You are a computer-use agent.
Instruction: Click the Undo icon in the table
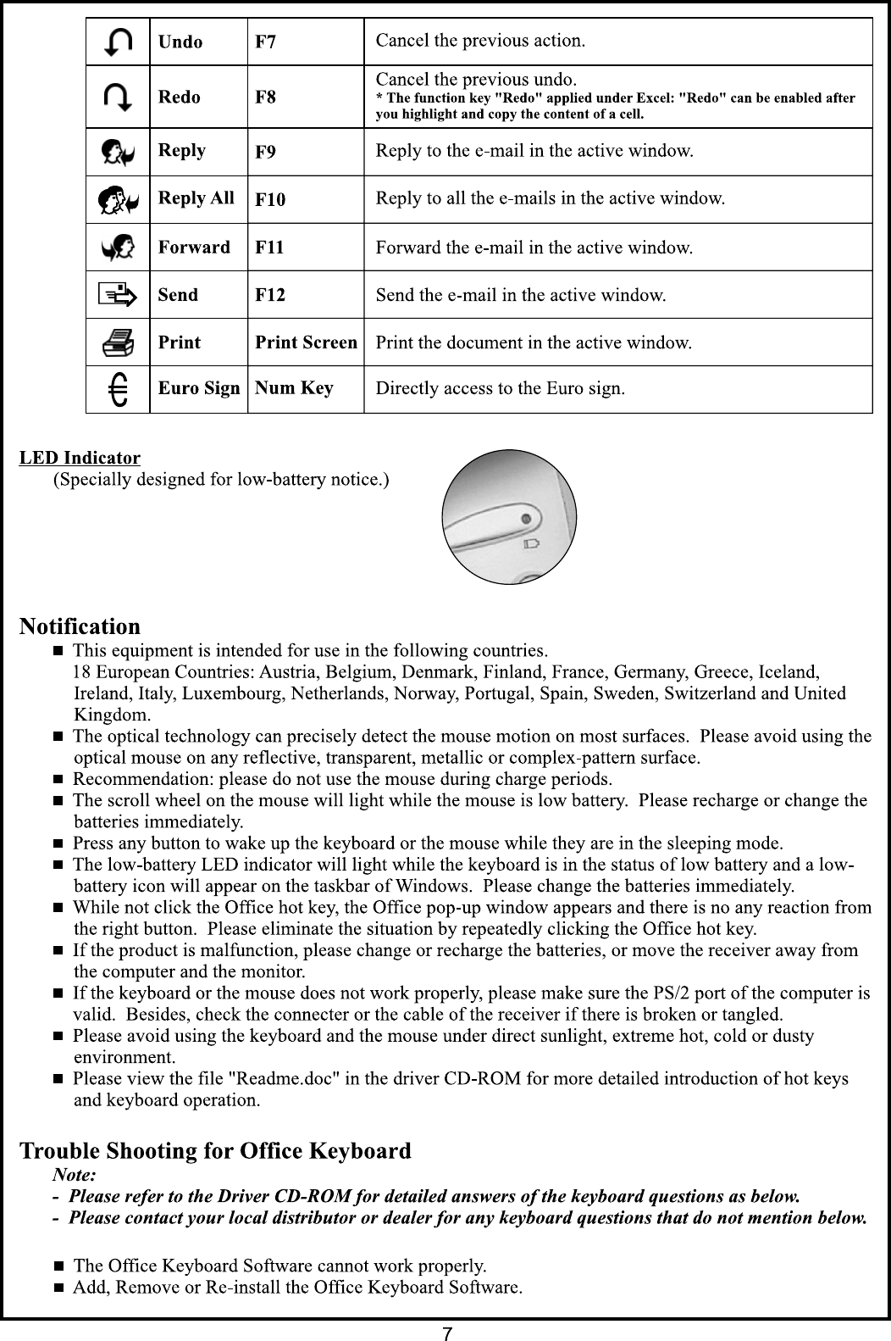point(118,42)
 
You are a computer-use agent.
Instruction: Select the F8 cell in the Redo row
point(266,97)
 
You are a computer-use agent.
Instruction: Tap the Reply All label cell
point(196,198)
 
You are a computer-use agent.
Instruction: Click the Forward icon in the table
point(118,248)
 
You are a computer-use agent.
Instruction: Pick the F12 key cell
point(270,295)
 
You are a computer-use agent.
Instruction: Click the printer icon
point(118,342)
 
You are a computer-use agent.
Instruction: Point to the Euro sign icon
point(119,390)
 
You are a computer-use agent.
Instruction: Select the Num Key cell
point(295,389)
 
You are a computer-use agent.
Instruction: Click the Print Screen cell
point(306,342)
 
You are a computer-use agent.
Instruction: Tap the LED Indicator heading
point(80,459)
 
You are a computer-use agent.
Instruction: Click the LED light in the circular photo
point(527,518)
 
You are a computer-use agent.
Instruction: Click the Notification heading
point(80,627)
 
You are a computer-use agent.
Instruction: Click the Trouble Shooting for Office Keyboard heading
point(215,1151)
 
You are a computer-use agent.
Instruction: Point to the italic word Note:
point(75,1176)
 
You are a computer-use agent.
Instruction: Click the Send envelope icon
point(118,295)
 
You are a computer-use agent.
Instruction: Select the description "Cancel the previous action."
point(480,41)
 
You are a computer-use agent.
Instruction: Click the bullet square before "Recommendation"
point(59,779)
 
